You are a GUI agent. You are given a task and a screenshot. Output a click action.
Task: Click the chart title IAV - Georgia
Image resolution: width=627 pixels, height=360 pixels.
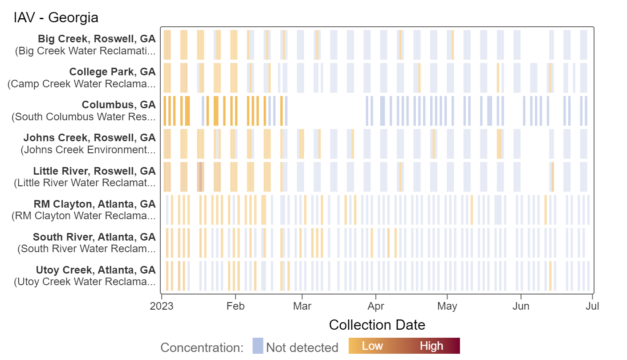[56, 18]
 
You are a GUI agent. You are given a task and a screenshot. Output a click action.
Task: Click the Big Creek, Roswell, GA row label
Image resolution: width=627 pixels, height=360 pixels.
[97, 39]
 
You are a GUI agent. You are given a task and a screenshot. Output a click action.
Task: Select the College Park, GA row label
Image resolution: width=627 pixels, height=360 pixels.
[112, 72]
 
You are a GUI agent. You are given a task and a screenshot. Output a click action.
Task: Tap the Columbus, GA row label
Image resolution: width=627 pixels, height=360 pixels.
[118, 105]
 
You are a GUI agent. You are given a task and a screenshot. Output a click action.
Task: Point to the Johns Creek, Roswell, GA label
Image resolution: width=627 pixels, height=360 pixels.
[90, 138]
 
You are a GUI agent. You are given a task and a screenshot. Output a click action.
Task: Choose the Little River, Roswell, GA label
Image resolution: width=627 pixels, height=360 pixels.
[94, 171]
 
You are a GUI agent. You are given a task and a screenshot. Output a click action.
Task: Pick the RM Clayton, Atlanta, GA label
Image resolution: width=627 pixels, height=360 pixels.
[94, 204]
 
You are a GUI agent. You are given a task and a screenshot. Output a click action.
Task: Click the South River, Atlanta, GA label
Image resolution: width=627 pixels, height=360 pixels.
[94, 237]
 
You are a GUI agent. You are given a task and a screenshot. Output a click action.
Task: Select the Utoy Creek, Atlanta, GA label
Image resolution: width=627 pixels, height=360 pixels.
[96, 270]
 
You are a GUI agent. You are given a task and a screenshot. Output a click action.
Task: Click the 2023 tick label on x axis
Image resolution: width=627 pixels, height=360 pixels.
[161, 307]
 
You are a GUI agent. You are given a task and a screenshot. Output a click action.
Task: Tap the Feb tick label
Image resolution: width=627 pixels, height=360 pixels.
[235, 307]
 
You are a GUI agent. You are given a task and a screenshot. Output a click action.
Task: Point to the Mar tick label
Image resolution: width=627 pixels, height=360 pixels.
[302, 307]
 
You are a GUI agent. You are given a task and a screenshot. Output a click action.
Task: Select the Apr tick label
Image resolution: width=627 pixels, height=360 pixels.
[376, 307]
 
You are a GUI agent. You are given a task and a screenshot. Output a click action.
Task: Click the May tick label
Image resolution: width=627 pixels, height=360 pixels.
[447, 307]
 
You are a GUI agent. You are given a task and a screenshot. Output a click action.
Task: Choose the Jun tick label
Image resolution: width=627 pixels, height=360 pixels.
[521, 307]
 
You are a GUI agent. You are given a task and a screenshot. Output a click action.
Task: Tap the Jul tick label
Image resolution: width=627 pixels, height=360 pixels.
[592, 307]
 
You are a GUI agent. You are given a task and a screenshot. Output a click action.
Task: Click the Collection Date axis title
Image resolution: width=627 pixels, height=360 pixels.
[377, 325]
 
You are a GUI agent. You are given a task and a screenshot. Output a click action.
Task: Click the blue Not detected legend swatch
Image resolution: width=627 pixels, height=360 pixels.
[258, 346]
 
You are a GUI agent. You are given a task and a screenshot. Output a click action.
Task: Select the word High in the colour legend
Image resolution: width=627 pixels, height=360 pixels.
[431, 346]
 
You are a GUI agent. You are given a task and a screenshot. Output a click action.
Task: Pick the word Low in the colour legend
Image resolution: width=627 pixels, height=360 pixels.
[372, 346]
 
